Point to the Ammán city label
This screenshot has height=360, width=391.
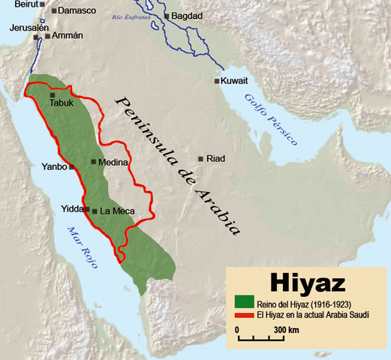pos(66,35)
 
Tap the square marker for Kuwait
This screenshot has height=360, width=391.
pos(217,81)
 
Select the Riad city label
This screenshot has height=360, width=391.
pos(215,159)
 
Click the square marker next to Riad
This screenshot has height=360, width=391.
pos(200,159)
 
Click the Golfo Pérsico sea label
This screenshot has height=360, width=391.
pos(270,120)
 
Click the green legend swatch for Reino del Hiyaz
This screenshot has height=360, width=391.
pos(245,302)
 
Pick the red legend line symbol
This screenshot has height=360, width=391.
pos(245,314)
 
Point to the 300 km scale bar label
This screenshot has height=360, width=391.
pos(287,329)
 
